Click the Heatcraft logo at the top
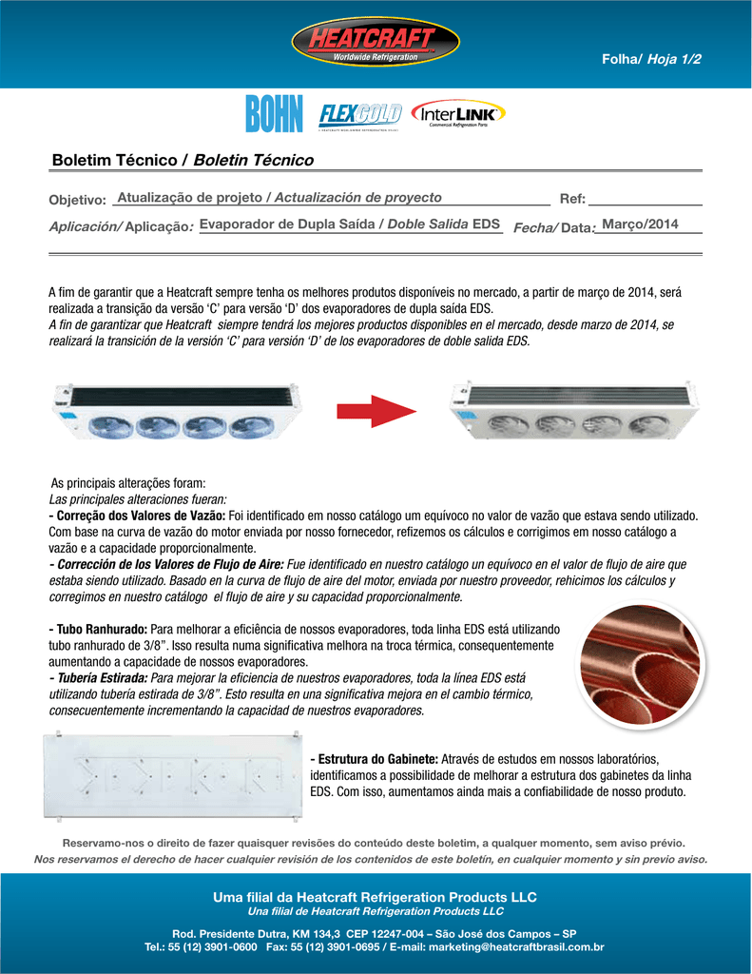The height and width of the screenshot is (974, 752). point(376,44)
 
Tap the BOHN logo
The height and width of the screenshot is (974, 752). point(273,115)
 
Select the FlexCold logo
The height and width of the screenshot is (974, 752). point(360,115)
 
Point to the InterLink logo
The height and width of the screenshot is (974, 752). point(459,115)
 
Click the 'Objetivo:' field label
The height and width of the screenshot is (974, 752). point(77,200)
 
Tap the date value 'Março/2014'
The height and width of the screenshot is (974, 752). point(641,224)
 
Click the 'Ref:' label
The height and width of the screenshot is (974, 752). point(572,200)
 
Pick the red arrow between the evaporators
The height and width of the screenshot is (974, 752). point(376,411)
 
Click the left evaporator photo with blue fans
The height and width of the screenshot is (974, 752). point(177,411)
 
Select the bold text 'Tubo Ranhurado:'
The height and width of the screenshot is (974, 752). point(98,630)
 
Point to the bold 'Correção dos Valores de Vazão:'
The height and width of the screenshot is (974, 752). point(137,515)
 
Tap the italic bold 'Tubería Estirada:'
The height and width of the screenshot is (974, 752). point(98,677)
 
